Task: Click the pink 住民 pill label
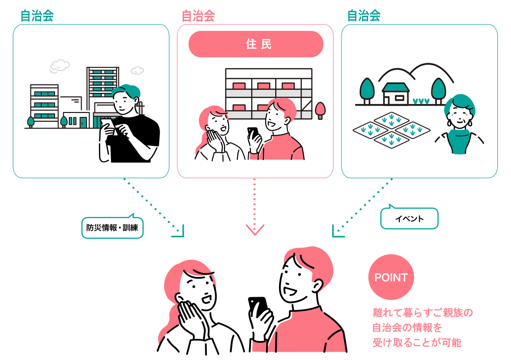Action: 256,44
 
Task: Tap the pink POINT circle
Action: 391,277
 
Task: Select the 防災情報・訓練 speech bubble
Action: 112,227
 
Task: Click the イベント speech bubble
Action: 409,218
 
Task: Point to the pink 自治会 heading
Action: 198,16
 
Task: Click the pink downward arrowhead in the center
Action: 255,229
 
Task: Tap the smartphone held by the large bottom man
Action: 258,307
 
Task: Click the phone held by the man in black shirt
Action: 109,126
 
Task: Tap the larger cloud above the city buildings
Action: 59,66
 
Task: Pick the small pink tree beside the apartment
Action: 320,111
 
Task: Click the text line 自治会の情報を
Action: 407,328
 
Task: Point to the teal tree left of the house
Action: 367,91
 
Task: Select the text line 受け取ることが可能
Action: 417,342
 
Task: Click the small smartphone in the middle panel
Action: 253,133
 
